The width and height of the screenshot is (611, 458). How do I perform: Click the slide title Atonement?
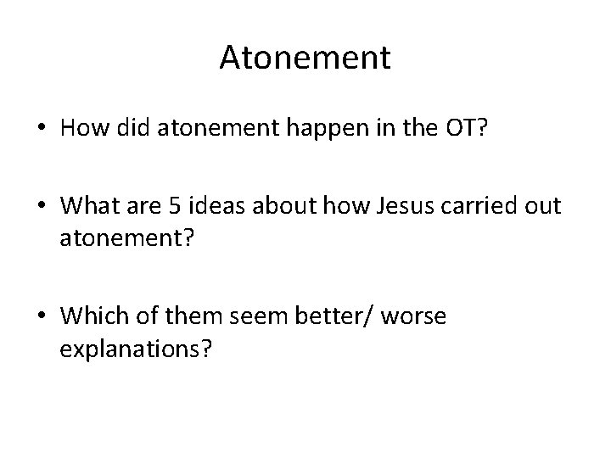(x=305, y=59)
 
